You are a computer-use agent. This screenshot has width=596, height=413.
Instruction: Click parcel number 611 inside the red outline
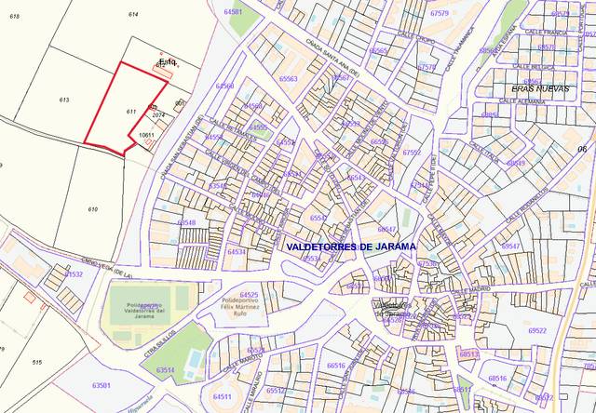(132, 112)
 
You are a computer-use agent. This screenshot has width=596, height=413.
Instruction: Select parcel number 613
(64, 100)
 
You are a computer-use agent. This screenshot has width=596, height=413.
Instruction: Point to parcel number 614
(133, 15)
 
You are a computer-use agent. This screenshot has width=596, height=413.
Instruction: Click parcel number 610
(92, 210)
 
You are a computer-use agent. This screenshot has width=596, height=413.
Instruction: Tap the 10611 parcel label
(145, 135)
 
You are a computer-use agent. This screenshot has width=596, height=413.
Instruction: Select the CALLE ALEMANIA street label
(525, 101)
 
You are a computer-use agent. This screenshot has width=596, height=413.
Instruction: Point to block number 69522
(537, 330)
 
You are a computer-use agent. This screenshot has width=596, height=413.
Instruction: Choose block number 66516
(335, 366)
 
